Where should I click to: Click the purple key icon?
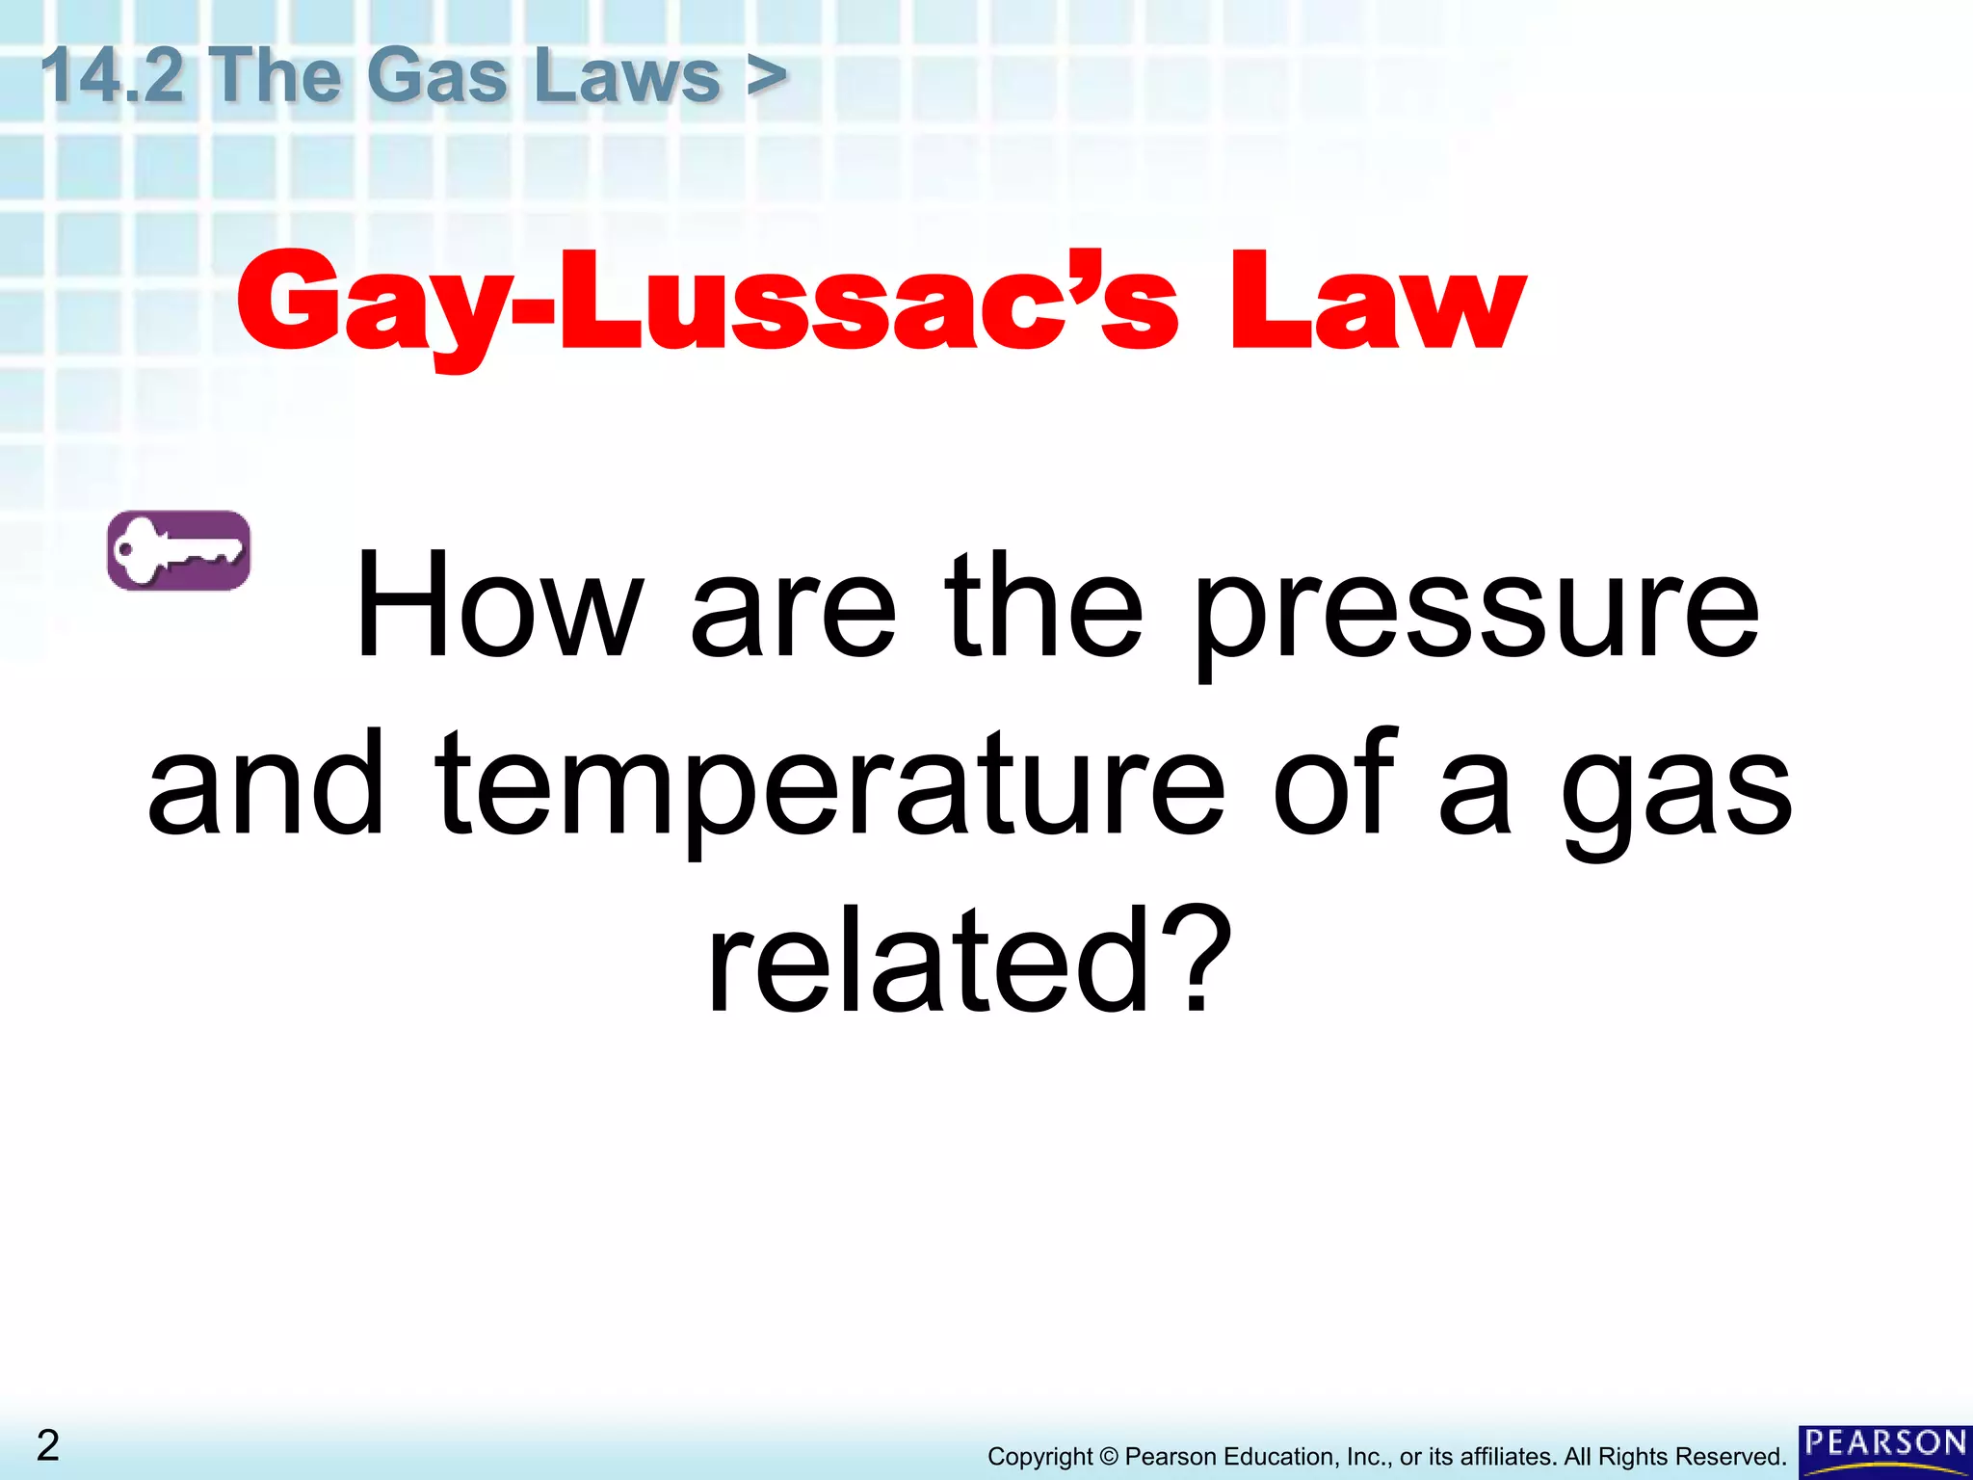[x=179, y=550]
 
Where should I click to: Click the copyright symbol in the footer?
[x=1109, y=1457]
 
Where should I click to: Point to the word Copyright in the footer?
[x=1039, y=1457]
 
